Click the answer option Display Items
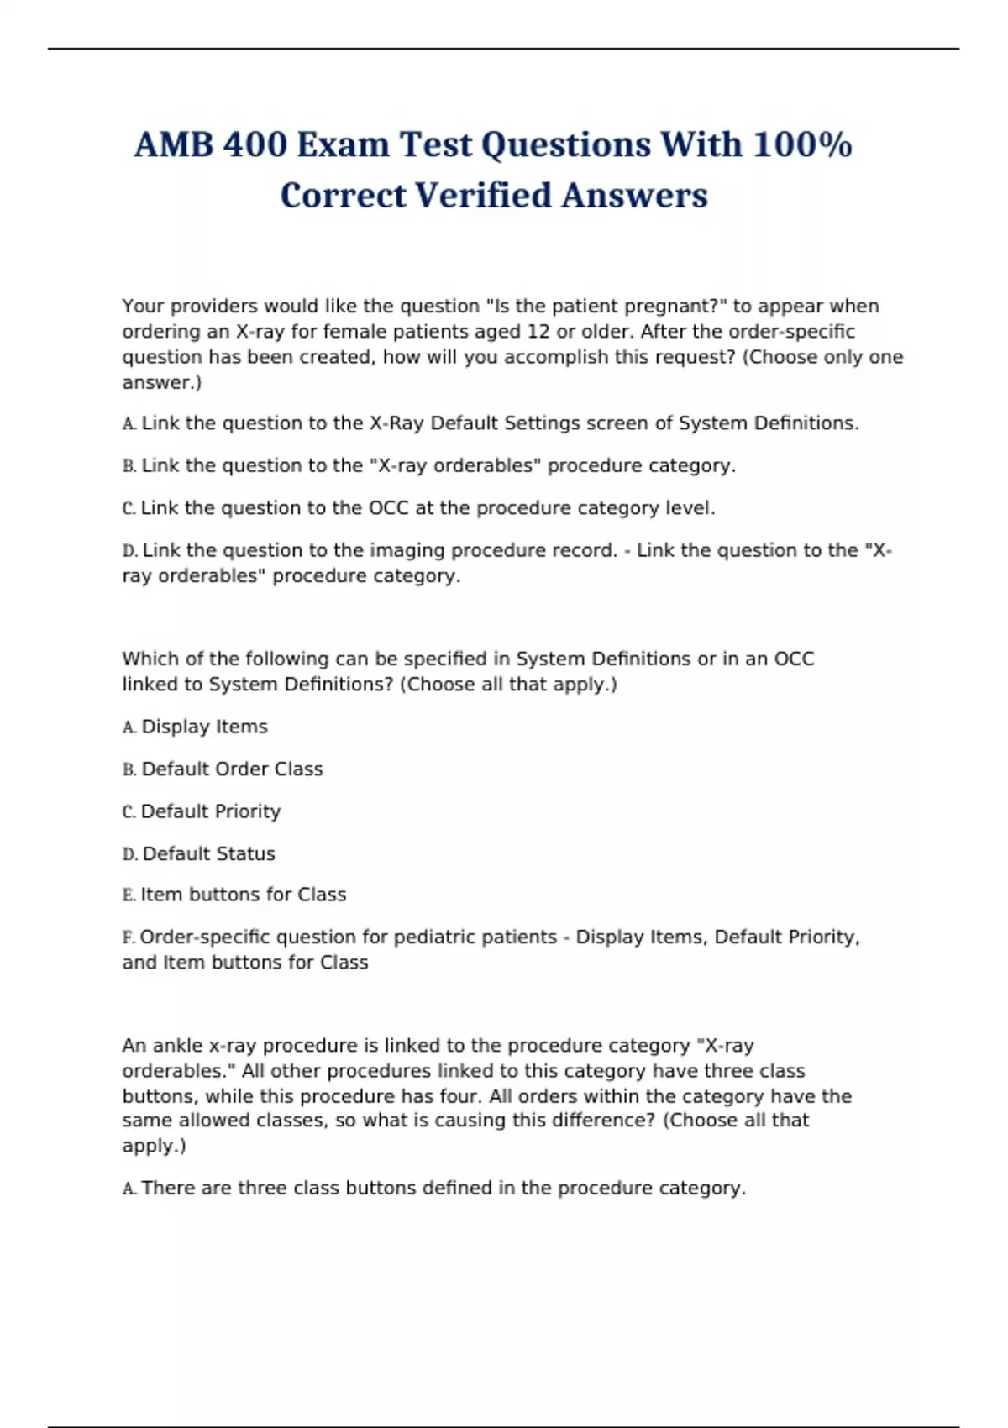click(x=204, y=727)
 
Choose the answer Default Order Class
click(x=232, y=769)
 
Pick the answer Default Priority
click(x=210, y=811)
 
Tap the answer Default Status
click(x=208, y=853)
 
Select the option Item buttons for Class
click(x=243, y=895)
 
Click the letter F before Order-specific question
click(x=129, y=937)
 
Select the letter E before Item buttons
click(x=129, y=895)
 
